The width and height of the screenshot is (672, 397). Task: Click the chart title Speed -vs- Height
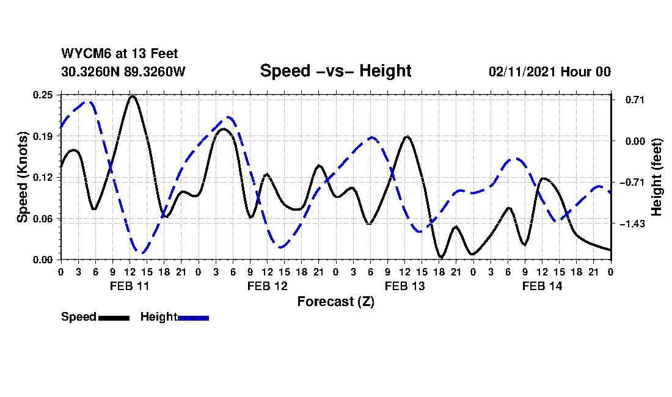(335, 71)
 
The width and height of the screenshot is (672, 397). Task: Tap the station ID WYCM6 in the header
(83, 54)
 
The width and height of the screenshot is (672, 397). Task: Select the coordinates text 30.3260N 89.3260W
(123, 71)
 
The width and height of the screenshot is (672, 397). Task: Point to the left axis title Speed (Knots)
(23, 177)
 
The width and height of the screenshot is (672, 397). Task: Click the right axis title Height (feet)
(657, 177)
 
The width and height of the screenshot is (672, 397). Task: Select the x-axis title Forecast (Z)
(335, 302)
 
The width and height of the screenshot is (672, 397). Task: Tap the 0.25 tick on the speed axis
(43, 95)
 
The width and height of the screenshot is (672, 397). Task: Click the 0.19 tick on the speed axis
(43, 136)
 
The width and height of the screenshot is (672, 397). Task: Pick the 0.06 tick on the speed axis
(43, 219)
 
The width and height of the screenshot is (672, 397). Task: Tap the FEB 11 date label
(130, 286)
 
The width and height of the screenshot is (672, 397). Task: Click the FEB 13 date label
(404, 286)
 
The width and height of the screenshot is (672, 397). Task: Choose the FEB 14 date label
(542, 286)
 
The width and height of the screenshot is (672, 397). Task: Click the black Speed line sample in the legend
(114, 318)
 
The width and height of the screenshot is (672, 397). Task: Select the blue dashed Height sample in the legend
(193, 318)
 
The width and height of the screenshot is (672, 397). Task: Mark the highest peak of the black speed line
(131, 96)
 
